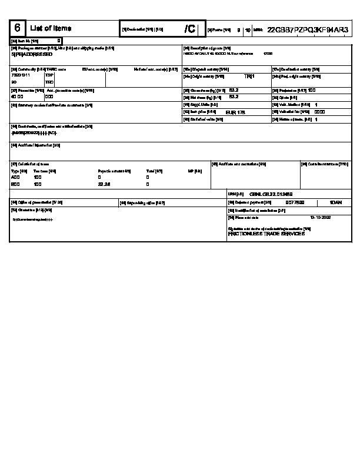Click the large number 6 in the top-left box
tap(18, 28)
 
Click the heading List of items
tap(51, 28)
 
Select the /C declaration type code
tap(189, 29)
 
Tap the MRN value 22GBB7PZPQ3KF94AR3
tap(308, 29)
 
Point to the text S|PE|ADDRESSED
tap(32, 54)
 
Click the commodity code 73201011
tap(20, 75)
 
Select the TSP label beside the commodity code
tap(49, 75)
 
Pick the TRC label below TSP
tap(49, 82)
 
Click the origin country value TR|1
tap(249, 76)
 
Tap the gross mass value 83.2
tap(233, 90)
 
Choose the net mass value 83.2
tap(233, 96)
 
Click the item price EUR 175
tap(235, 111)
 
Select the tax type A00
tap(16, 177)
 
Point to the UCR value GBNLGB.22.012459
tap(271, 194)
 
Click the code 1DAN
tap(336, 202)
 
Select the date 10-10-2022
tap(321, 217)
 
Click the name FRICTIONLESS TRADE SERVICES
tap(266, 234)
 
